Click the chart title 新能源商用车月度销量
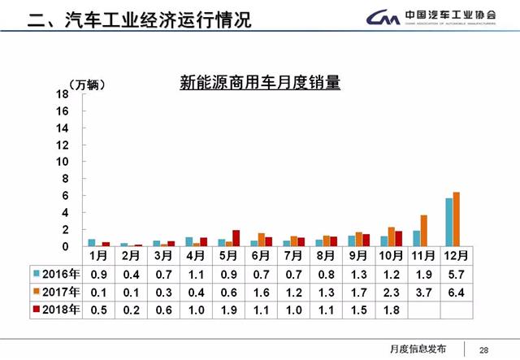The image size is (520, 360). pos(259,83)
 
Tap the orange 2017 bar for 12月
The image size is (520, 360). pos(456,219)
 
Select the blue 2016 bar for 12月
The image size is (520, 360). pos(448,222)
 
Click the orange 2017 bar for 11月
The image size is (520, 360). pos(423,231)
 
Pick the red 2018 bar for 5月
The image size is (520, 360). pos(236,238)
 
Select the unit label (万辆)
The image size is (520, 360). pos(87,85)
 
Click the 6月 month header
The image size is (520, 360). pos(262,255)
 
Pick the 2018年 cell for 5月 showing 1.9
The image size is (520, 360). pos(228,310)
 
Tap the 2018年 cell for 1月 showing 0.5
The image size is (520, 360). pos(98,310)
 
